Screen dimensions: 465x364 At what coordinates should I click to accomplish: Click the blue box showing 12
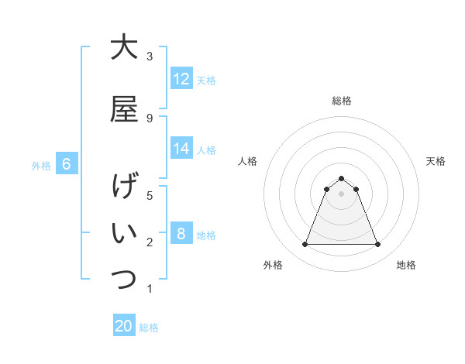click(x=181, y=79)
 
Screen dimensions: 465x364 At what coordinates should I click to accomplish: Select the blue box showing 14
click(x=181, y=149)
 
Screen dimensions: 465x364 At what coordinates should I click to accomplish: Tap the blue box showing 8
click(x=181, y=234)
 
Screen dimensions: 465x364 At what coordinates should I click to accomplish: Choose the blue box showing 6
click(x=67, y=164)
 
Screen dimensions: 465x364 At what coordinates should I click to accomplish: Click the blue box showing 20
click(x=124, y=326)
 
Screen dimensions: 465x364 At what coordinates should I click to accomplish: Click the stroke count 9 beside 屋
click(x=150, y=118)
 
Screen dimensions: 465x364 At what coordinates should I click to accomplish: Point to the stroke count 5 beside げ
click(x=150, y=195)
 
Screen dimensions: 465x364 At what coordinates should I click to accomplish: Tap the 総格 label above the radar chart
click(x=341, y=101)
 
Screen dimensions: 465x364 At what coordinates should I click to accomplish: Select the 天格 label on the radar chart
click(x=436, y=161)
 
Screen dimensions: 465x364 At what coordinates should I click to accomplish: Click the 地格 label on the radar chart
click(x=406, y=265)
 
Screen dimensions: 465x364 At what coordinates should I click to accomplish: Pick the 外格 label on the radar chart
click(x=273, y=265)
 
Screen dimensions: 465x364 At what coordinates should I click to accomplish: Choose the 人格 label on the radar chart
click(x=247, y=161)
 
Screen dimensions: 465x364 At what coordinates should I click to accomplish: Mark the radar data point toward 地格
click(x=377, y=245)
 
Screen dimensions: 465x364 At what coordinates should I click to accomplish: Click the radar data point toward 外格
click(x=305, y=245)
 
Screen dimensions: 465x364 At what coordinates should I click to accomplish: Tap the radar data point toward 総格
click(x=341, y=178)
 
